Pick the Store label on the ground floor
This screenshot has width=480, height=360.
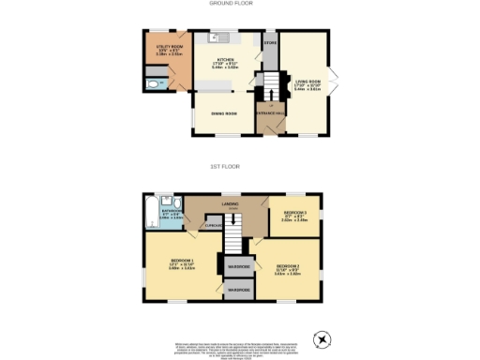click(x=271, y=43)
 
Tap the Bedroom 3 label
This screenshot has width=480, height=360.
click(x=295, y=214)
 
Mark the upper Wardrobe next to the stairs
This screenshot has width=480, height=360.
click(x=238, y=267)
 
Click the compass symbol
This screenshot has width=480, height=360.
click(x=322, y=338)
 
